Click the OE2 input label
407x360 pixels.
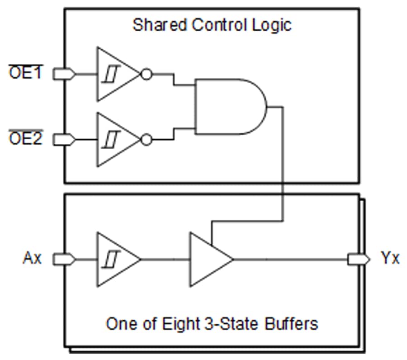25,139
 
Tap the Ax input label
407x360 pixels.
32,259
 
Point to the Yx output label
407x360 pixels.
390,259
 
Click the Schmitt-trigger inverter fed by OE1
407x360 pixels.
115,74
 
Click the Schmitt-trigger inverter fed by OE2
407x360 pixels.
115,140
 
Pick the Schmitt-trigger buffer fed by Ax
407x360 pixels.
115,259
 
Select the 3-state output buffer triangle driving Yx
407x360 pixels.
208,259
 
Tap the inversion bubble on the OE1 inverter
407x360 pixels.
146,74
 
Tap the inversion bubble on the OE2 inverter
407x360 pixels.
146,140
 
